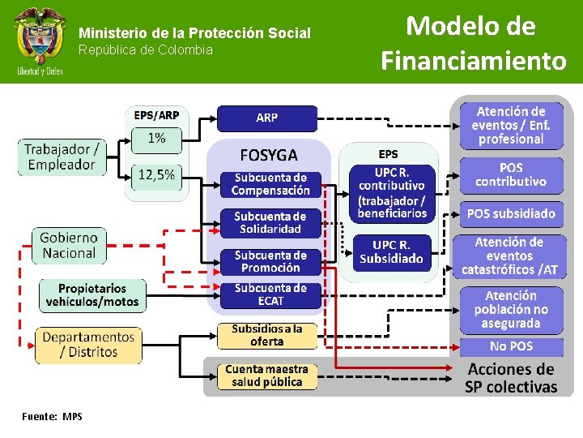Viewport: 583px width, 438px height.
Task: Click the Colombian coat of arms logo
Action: click(x=37, y=41)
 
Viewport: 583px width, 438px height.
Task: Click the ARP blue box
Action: click(x=266, y=118)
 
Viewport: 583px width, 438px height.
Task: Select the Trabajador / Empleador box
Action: click(x=62, y=157)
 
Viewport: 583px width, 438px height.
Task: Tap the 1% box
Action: click(x=156, y=139)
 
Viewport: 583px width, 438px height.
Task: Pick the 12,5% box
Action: click(x=156, y=175)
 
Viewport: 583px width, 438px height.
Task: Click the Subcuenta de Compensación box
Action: click(x=270, y=184)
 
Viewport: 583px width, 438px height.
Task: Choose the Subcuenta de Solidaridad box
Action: click(x=270, y=223)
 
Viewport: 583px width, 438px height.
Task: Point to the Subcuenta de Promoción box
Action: click(x=270, y=261)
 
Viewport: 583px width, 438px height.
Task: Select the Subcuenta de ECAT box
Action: click(x=270, y=294)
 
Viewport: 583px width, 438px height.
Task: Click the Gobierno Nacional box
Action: click(x=69, y=245)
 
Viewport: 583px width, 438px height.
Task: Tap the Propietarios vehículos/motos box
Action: click(x=92, y=295)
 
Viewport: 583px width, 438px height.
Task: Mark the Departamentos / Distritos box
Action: click(x=88, y=345)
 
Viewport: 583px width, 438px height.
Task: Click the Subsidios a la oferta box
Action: click(x=266, y=335)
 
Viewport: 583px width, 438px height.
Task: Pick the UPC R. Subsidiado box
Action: click(x=392, y=251)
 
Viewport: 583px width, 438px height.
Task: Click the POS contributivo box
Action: click(x=511, y=175)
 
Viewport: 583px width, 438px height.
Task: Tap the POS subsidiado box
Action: click(x=511, y=214)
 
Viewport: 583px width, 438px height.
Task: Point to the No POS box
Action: click(x=511, y=346)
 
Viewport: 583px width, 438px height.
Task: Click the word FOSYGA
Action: click(x=269, y=154)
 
